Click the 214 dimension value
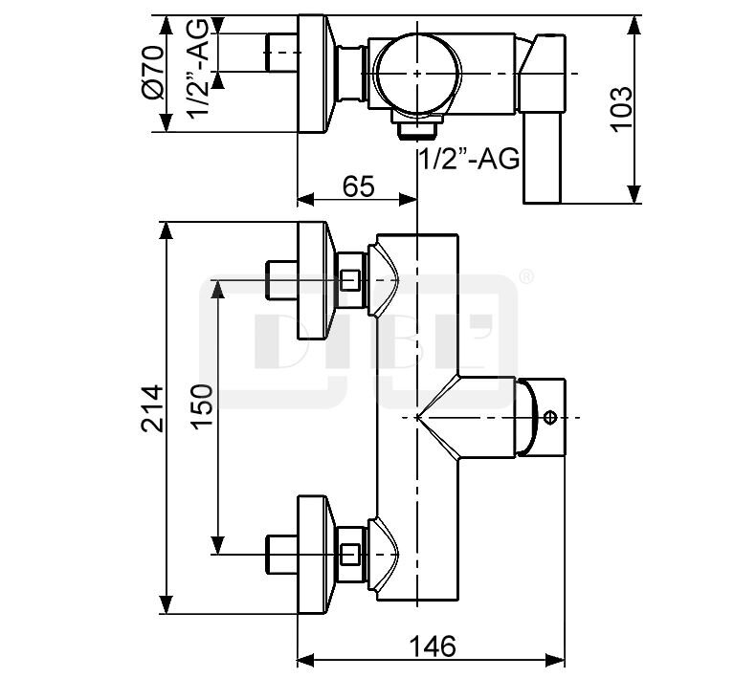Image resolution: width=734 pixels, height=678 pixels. (x=152, y=408)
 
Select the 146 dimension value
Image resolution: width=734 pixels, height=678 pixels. (x=432, y=646)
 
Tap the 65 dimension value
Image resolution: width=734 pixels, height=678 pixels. (x=359, y=186)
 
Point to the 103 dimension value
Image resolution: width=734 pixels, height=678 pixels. (x=621, y=109)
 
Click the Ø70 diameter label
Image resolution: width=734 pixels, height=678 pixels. (x=153, y=72)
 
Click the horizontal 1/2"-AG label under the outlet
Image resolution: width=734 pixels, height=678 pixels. (x=469, y=159)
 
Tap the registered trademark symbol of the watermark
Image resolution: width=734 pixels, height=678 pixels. (x=526, y=276)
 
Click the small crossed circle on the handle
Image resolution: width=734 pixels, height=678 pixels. (x=550, y=417)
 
